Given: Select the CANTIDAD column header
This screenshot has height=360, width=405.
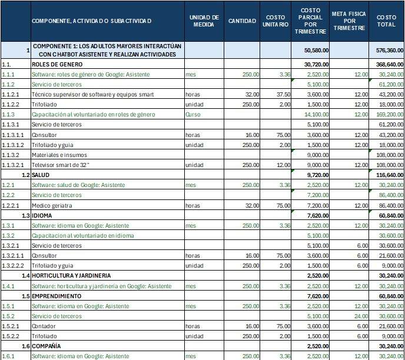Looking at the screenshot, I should (x=243, y=21).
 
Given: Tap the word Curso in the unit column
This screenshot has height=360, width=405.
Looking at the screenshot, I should (x=193, y=114).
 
